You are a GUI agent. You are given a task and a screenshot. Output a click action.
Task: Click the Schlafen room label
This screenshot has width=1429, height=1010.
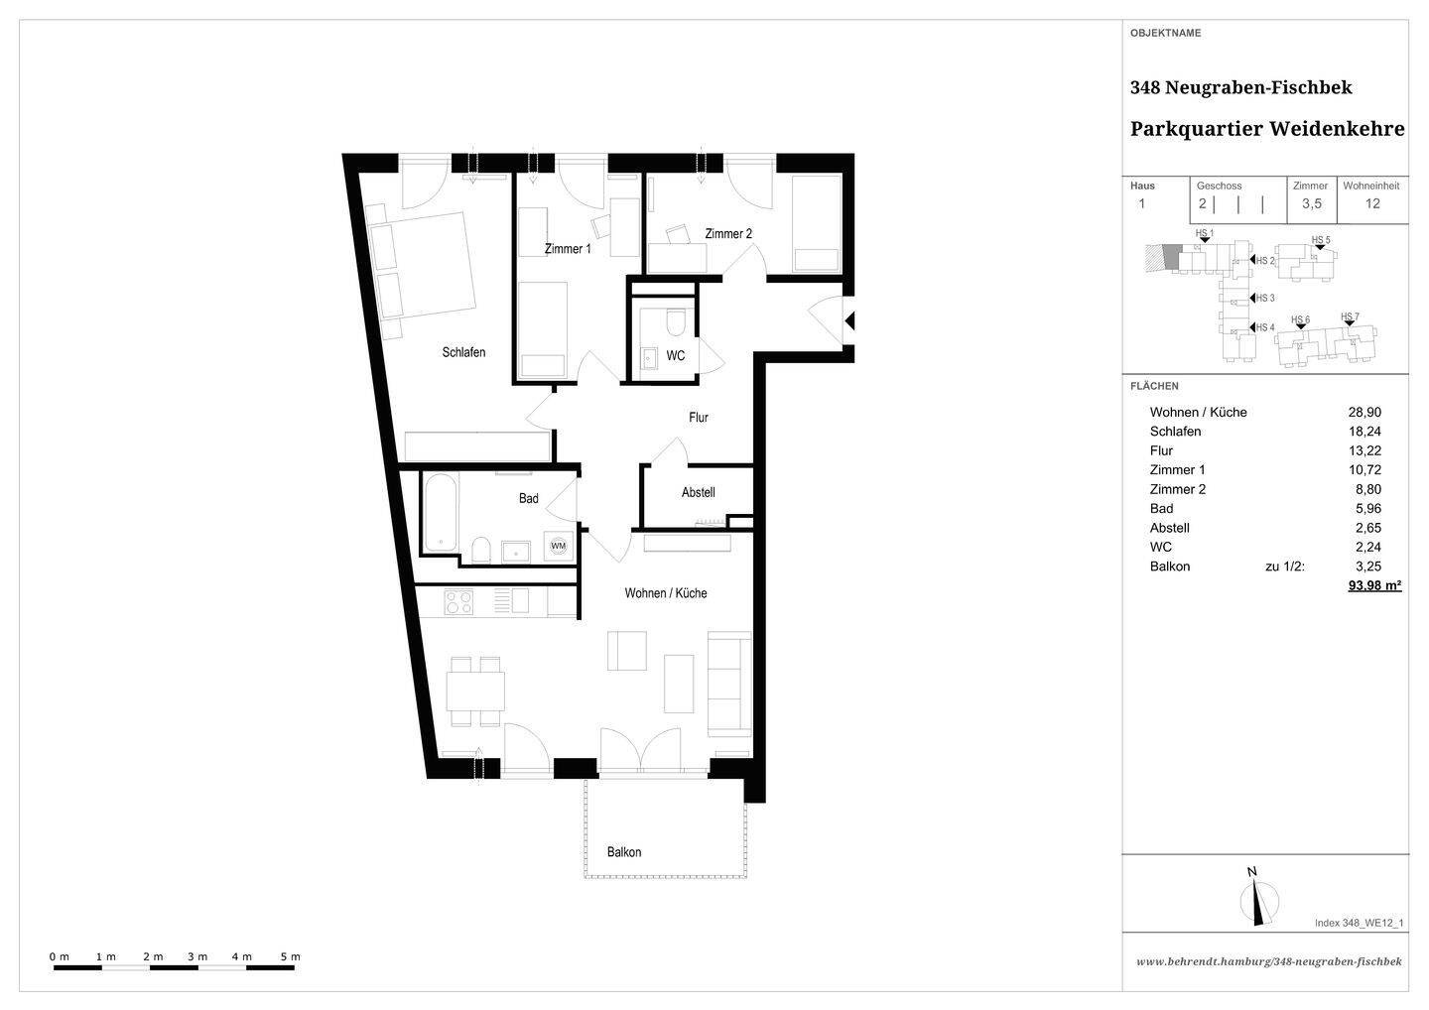pyautogui.click(x=463, y=352)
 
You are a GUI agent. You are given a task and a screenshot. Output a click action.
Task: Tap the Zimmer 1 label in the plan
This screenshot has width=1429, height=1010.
pyautogui.click(x=568, y=249)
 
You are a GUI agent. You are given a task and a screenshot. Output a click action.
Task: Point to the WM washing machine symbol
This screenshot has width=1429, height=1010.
pyautogui.click(x=558, y=546)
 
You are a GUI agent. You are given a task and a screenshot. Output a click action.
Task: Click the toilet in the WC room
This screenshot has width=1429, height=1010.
pyautogui.click(x=675, y=322)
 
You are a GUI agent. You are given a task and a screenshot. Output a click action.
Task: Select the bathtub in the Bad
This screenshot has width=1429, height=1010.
pyautogui.click(x=441, y=512)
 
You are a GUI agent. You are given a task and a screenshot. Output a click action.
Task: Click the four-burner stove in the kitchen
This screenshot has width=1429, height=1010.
pyautogui.click(x=458, y=602)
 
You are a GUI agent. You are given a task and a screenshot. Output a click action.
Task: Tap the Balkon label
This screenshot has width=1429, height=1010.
pyautogui.click(x=624, y=852)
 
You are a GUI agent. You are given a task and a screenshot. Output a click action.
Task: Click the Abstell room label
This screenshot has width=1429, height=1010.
pyautogui.click(x=698, y=492)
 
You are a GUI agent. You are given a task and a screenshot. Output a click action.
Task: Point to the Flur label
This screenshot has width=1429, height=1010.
pyautogui.click(x=699, y=417)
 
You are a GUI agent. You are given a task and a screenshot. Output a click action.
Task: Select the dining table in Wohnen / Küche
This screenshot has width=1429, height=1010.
pyautogui.click(x=475, y=692)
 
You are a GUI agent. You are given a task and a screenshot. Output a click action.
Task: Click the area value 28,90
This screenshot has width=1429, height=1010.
pyautogui.click(x=1364, y=412)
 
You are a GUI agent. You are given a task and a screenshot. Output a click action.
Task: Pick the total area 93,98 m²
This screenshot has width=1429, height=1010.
pyautogui.click(x=1374, y=585)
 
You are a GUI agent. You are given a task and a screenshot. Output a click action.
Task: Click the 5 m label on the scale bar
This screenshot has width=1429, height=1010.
pyautogui.click(x=290, y=956)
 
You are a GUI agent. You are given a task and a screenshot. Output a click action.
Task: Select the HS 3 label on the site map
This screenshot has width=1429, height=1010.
pyautogui.click(x=1265, y=298)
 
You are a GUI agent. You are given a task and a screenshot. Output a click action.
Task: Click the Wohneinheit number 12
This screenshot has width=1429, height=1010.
pyautogui.click(x=1372, y=203)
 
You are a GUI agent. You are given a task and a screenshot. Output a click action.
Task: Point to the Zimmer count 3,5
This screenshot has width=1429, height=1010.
pyautogui.click(x=1312, y=204)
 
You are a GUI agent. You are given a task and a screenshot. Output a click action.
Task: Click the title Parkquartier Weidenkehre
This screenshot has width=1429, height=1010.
pyautogui.click(x=1267, y=129)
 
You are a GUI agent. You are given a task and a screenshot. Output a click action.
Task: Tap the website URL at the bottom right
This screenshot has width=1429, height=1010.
pyautogui.click(x=1269, y=961)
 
